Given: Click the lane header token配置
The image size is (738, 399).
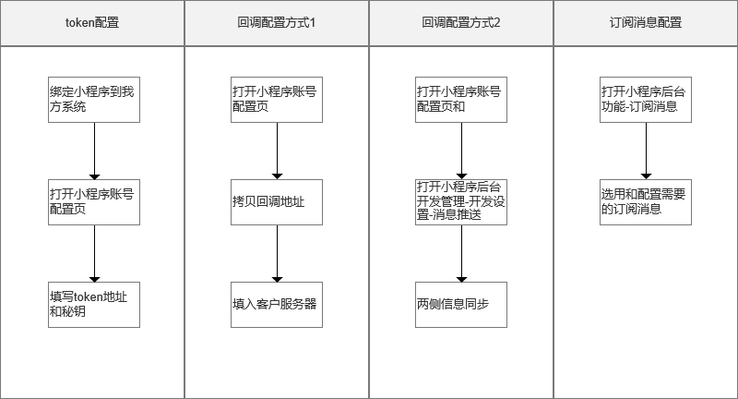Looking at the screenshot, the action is (92, 23).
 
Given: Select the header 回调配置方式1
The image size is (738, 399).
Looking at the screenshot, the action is (277, 23).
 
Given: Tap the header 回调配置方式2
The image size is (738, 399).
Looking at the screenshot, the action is (461, 23).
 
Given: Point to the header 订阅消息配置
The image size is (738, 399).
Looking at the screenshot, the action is (646, 23).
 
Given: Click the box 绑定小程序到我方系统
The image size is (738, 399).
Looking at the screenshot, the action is (94, 100).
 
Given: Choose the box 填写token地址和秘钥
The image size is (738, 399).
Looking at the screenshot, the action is (94, 305).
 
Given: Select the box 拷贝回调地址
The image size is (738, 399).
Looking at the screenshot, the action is (277, 202).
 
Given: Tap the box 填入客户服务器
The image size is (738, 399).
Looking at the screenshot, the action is (277, 305).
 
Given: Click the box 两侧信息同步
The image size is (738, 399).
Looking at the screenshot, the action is (461, 305).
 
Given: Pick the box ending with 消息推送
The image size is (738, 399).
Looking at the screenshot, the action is (461, 202).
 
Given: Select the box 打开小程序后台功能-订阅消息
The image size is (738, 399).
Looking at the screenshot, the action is (646, 100).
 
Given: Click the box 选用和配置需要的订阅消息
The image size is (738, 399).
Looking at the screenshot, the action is (646, 202).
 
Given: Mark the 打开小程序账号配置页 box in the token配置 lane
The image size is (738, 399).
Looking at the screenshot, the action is (94, 202).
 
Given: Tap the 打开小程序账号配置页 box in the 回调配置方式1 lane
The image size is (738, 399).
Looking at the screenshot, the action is (277, 100).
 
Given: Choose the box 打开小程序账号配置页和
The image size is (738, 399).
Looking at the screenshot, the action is (461, 100).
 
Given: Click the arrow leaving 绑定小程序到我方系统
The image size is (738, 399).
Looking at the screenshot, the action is (95, 151).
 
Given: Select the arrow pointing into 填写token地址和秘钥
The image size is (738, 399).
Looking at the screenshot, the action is (95, 253).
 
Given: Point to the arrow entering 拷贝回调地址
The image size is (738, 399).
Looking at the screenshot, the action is (278, 151).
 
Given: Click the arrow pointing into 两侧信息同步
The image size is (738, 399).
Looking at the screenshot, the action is (462, 253).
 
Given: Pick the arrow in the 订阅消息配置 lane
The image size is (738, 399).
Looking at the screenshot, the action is (647, 151).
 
